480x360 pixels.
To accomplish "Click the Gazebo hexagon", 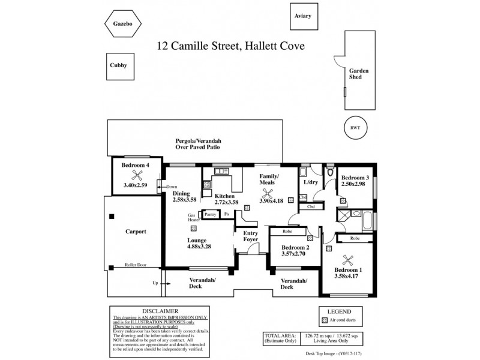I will click(x=122, y=24).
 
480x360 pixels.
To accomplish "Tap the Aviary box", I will click(x=303, y=17).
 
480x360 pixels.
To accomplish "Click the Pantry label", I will click(x=211, y=214).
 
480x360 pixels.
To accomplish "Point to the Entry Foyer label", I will click(x=250, y=236).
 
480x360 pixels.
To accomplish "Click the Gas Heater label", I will click(x=194, y=217).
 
